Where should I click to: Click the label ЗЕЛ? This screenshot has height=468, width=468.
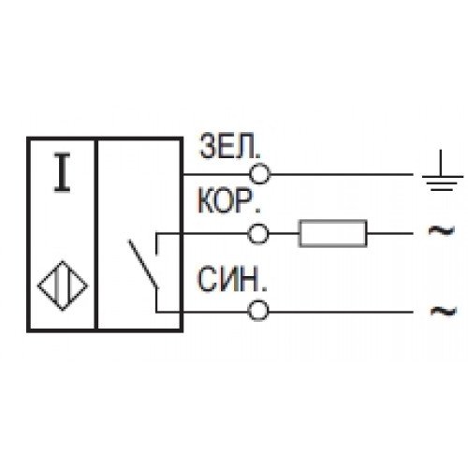coord(229,146)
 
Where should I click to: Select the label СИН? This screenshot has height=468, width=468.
coord(232,280)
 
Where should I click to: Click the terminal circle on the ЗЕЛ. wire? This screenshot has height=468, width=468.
coord(259,174)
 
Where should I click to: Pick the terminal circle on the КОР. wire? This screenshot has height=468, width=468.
coord(258,234)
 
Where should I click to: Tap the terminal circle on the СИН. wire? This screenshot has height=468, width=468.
coord(258,311)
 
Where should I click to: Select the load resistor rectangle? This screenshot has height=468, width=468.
coord(333,233)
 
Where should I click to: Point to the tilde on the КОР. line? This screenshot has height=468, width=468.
coord(442,231)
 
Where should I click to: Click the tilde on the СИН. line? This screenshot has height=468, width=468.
coord(444,311)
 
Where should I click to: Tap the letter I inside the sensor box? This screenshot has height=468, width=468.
coord(63,172)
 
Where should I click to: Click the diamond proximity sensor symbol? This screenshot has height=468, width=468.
coord(63,285)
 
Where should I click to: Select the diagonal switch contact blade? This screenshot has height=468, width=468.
coord(143,264)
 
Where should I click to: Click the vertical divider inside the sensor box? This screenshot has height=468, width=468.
coord(96,233)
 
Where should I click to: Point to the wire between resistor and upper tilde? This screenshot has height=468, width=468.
coord(390,233)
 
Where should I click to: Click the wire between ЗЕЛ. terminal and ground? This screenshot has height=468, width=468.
coord(342,174)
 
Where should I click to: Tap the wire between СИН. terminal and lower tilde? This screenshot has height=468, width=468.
coord(341,312)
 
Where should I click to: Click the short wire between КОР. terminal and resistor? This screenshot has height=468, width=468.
coord(284,233)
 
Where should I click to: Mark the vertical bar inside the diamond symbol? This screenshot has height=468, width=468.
coord(58,285)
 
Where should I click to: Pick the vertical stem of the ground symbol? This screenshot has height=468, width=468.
coord(441,163)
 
